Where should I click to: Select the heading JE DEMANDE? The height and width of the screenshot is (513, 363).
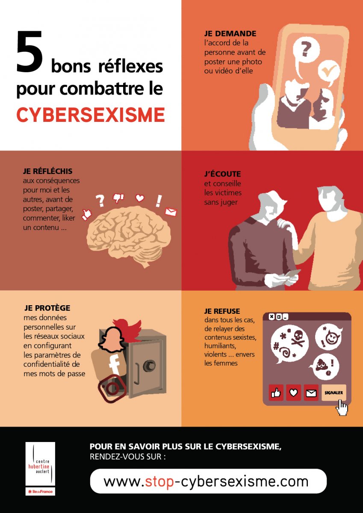(x=230, y=34)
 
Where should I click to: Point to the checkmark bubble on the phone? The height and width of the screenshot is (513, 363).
(x=329, y=73)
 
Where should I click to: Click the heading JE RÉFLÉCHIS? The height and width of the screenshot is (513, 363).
(x=47, y=171)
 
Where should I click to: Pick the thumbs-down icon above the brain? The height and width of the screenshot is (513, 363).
(x=118, y=198)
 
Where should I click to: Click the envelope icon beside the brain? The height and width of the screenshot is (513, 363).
(x=171, y=211)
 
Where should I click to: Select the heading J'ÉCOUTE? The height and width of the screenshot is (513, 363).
(x=222, y=174)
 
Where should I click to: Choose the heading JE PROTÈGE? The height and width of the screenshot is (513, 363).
(x=47, y=308)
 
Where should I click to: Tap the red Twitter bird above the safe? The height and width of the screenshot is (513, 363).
(x=127, y=327)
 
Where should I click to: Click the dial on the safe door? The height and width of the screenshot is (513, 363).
(x=149, y=366)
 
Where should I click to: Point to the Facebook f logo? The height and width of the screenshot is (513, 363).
(x=115, y=365)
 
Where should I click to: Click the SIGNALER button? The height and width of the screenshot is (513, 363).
(x=333, y=393)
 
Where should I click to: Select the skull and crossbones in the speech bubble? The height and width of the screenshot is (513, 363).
(x=298, y=339)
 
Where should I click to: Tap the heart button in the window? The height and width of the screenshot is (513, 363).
(x=294, y=393)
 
